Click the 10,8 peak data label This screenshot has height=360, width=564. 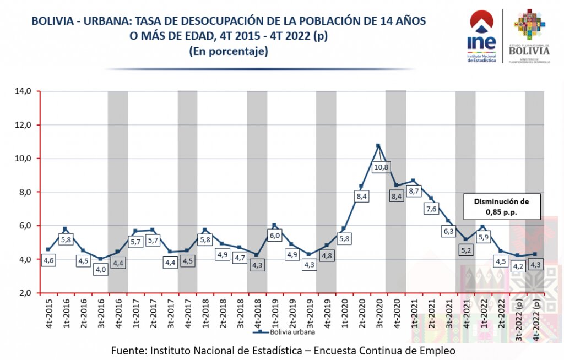[x=381, y=167]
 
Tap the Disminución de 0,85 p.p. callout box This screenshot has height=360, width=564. [x=502, y=206]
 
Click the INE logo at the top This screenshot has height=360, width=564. [x=482, y=36]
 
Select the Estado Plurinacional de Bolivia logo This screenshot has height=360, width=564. [x=529, y=36]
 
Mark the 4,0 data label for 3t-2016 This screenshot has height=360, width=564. [x=100, y=270]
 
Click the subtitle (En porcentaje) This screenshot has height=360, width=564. [x=228, y=51]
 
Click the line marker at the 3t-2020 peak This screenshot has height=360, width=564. [x=378, y=146]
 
